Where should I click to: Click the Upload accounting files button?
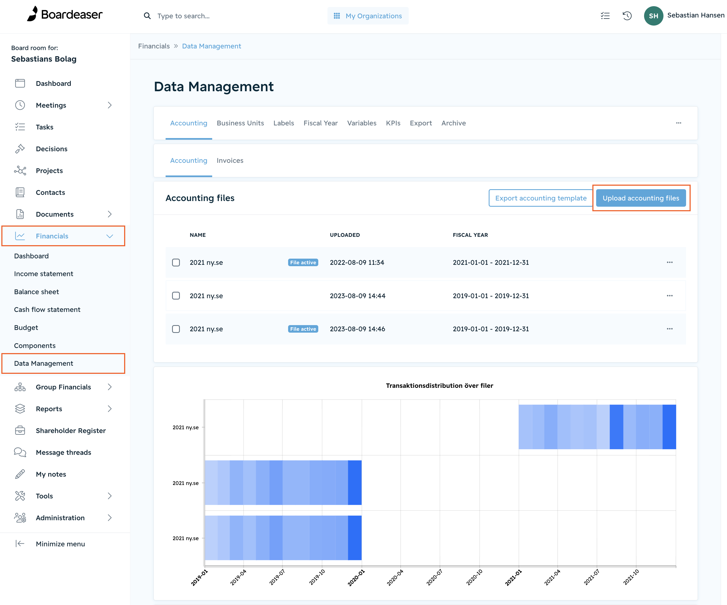(641, 198)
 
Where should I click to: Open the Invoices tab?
(230, 161)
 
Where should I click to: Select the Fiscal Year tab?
(321, 123)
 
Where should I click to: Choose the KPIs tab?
(393, 123)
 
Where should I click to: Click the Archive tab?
(453, 123)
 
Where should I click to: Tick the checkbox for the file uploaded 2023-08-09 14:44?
(176, 296)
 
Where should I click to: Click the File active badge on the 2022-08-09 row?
(303, 262)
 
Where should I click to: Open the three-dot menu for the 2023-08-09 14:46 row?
(670, 329)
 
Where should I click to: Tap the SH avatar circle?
(653, 16)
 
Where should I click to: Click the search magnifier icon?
(147, 16)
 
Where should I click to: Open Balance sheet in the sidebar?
(36, 292)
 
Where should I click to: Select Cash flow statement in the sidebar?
(47, 309)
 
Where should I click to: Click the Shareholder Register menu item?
(71, 431)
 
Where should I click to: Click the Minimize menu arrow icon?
(20, 544)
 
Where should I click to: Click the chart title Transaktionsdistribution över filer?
(439, 386)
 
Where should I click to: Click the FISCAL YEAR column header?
(470, 235)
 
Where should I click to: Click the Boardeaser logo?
(65, 14)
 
